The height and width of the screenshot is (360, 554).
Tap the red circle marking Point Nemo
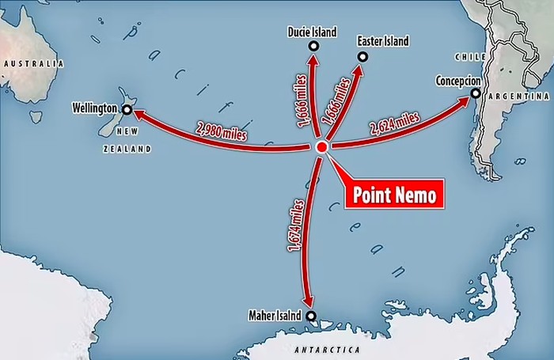[x=322, y=148]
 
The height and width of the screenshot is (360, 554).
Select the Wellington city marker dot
[x=127, y=108]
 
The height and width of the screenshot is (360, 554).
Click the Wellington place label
[x=94, y=107]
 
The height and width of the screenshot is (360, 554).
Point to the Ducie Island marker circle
[x=313, y=47]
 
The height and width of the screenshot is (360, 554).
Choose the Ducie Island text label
[x=311, y=32]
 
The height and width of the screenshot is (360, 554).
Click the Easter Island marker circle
[x=362, y=56]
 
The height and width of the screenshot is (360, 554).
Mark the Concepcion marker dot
[x=476, y=94]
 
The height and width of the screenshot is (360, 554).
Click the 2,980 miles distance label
[x=220, y=131]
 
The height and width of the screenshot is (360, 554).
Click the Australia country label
[x=32, y=63]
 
